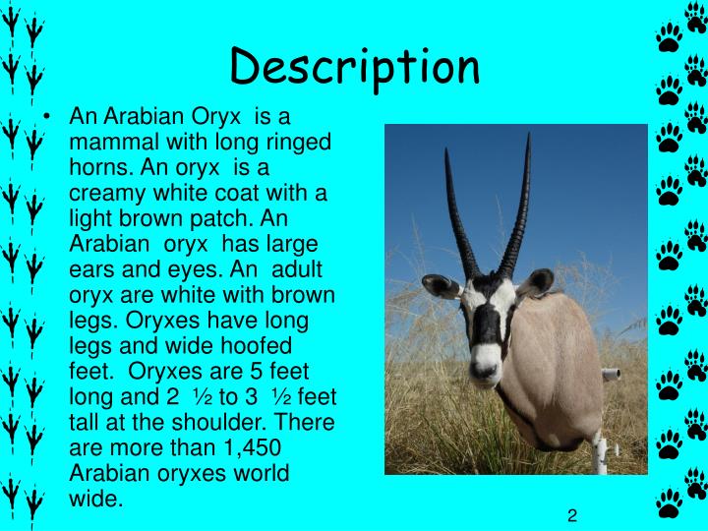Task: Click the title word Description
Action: pyautogui.click(x=355, y=67)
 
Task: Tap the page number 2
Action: pyautogui.click(x=571, y=516)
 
